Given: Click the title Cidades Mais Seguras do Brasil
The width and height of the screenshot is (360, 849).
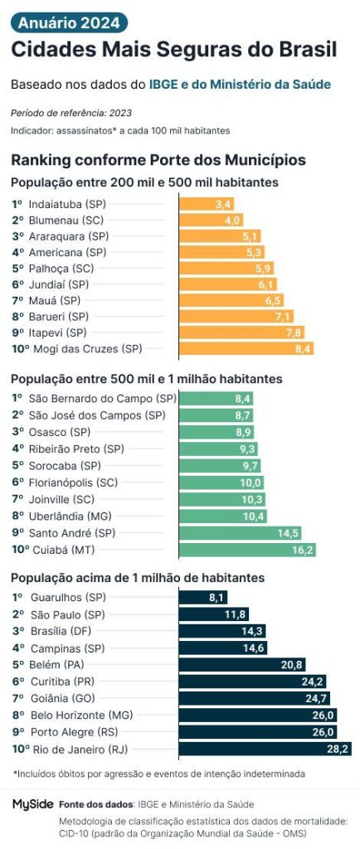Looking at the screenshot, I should (173, 50).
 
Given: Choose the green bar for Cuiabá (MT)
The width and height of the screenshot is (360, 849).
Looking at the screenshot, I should (247, 550).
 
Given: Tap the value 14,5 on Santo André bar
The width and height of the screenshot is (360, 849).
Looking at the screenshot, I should (289, 533).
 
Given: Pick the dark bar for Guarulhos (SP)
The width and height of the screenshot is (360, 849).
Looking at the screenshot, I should (203, 597).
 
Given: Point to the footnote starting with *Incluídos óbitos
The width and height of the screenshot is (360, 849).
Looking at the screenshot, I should (159, 774).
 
